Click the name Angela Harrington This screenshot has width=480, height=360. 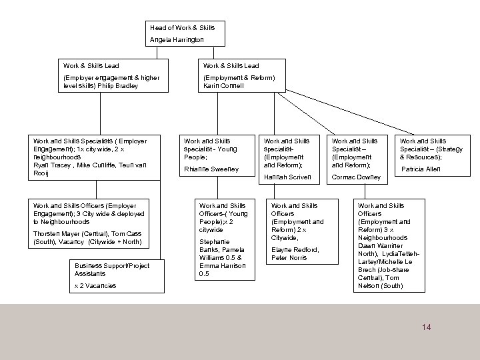tap(177, 40)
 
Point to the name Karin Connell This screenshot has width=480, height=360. tap(224, 87)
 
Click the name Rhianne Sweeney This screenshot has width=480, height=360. tap(211, 169)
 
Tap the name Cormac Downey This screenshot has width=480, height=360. tap(356, 177)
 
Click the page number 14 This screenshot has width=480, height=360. tap(427, 327)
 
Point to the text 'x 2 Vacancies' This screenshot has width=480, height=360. tap(96, 285)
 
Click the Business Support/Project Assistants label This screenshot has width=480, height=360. tap(111, 269)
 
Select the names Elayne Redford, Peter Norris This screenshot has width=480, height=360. tap(295, 253)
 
